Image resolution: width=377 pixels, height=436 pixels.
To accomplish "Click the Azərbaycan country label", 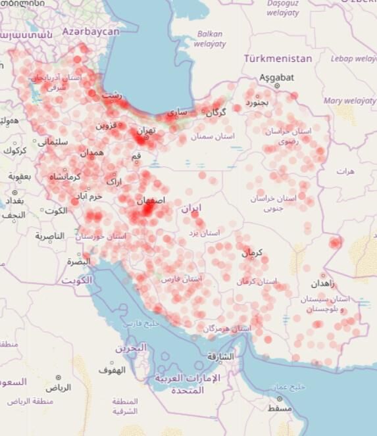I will click(x=91, y=31).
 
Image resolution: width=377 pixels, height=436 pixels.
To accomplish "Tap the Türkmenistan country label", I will click(x=278, y=59).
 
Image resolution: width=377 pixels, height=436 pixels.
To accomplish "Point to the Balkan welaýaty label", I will click(x=209, y=39).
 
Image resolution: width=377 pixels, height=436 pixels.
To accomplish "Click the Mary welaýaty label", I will click(x=349, y=101).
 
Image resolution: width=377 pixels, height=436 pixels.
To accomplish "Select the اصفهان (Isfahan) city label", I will click(x=151, y=200).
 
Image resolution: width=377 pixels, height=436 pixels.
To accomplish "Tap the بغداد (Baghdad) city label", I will click(x=13, y=200).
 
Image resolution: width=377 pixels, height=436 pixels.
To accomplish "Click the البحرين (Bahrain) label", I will click(x=140, y=347).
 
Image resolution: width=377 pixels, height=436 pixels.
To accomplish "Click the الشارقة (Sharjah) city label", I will click(x=220, y=356).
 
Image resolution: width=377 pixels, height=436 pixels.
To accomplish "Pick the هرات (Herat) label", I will click(x=345, y=171).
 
